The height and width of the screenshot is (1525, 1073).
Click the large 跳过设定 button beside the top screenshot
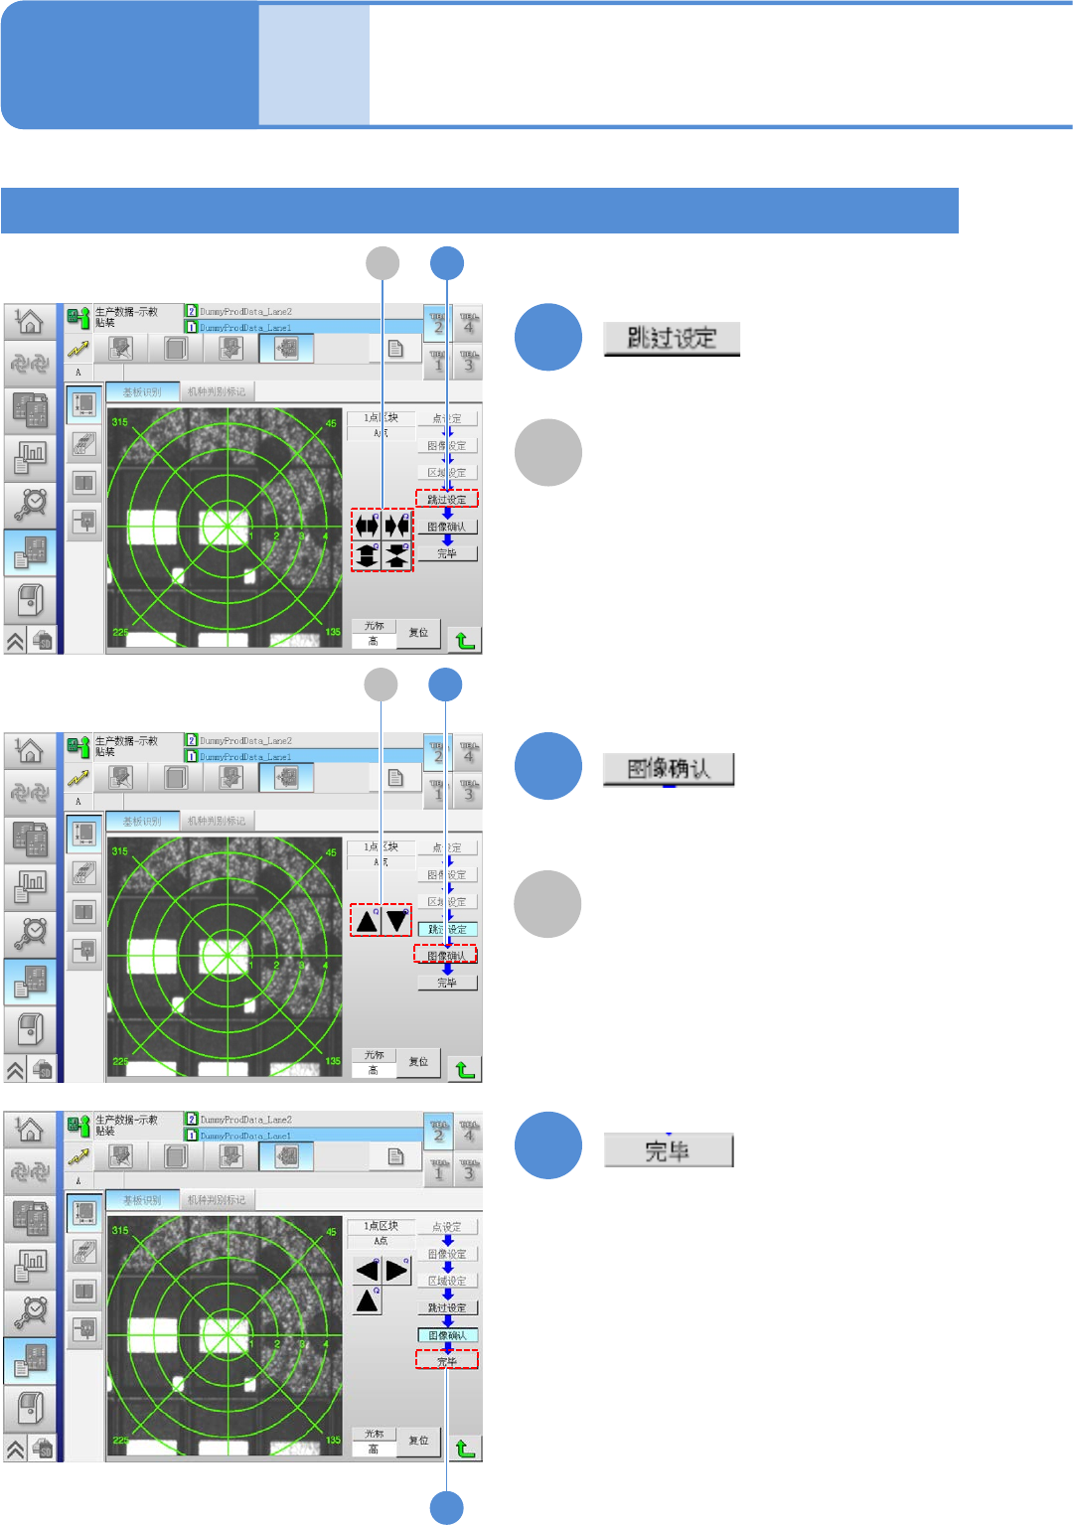tap(672, 339)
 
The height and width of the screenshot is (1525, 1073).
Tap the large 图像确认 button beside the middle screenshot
tap(669, 769)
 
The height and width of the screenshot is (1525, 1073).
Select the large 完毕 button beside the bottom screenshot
tap(668, 1150)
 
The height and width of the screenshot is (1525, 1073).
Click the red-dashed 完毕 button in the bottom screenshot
tap(447, 1361)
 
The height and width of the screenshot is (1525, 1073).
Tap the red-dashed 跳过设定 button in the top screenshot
tap(447, 499)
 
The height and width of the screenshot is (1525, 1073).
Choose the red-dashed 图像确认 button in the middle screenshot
tap(446, 955)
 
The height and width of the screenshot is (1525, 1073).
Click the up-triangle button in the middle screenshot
tap(367, 921)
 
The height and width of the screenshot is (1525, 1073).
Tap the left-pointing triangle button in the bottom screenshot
tap(368, 1270)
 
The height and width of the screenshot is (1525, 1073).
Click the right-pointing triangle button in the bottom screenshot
tap(397, 1270)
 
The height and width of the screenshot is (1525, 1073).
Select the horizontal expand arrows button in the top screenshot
tap(367, 526)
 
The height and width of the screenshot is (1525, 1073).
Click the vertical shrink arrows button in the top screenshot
tap(397, 555)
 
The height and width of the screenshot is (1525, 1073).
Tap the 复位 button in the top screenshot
tap(419, 633)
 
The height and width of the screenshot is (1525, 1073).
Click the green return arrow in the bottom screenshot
tap(464, 1448)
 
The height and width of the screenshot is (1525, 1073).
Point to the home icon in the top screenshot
tap(30, 321)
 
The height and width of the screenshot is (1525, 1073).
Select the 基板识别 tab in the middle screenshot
tap(142, 822)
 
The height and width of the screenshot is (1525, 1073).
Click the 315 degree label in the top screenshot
tap(120, 422)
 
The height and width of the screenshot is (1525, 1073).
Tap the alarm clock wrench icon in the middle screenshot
tap(31, 932)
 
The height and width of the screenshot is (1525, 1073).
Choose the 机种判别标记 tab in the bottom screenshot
tap(217, 1200)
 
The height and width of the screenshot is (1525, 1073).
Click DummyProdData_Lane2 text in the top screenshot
tap(245, 312)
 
